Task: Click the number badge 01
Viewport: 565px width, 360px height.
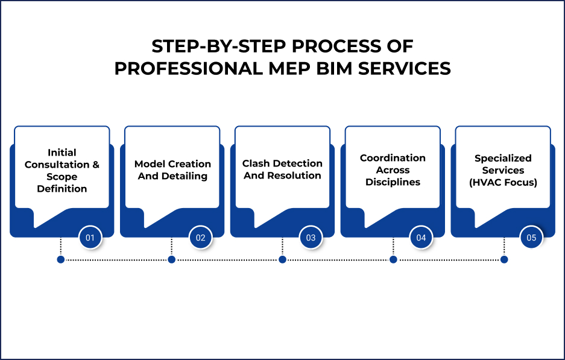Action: [x=90, y=238]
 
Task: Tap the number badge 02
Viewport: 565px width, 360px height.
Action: [x=200, y=238]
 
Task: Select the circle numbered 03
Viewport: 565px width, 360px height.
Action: [x=311, y=238]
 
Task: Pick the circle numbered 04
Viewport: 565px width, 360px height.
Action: [x=421, y=238]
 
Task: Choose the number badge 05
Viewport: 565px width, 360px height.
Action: [x=531, y=238]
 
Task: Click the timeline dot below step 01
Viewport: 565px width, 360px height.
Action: [x=60, y=259]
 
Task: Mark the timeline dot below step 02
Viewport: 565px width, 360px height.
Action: [x=171, y=259]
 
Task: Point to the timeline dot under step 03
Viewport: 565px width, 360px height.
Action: [x=282, y=259]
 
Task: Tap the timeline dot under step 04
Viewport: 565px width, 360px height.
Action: [x=393, y=259]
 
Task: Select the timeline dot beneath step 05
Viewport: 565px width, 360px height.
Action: [x=504, y=259]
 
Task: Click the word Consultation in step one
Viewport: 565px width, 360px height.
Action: [x=57, y=165]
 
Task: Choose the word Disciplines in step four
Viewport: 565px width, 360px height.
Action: [x=393, y=182]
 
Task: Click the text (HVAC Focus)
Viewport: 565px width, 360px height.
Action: [x=502, y=182]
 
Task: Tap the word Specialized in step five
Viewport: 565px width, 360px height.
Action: [x=503, y=159]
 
